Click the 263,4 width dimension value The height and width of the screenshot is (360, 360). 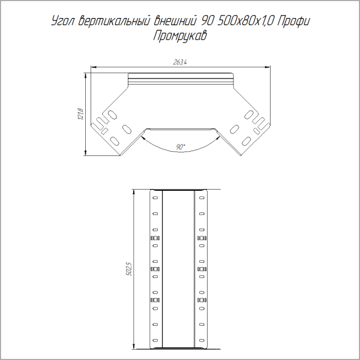pos(180,62)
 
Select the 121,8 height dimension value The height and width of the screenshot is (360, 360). pos(81,114)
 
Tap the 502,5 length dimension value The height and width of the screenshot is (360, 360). pos(129,269)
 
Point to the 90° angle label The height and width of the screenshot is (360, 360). pos(181,147)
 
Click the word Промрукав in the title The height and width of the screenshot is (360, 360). pos(180,36)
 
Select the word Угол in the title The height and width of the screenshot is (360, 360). pos(63,22)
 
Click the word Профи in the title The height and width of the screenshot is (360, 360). pos(294,22)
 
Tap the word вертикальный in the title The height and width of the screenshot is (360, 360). pos(115,21)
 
